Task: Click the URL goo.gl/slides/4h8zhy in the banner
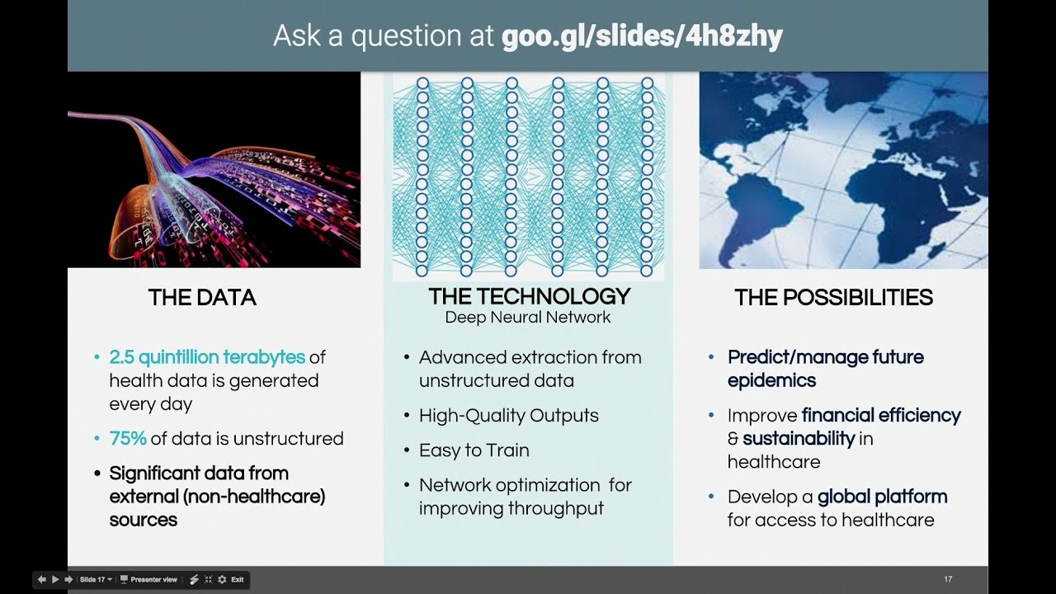[642, 36]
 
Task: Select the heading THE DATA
[202, 298]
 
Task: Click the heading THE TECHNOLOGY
[529, 297]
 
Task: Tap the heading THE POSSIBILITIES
[833, 298]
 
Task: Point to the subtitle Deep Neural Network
[528, 318]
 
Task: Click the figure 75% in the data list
[127, 439]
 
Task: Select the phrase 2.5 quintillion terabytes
[207, 357]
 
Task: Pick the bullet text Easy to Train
[474, 450]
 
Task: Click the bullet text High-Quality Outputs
[508, 416]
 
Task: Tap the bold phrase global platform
[882, 497]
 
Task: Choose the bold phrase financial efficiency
[881, 415]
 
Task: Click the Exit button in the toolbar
[237, 580]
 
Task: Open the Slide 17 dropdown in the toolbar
[95, 580]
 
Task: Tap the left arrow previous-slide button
[42, 580]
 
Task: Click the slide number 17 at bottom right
[948, 580]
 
